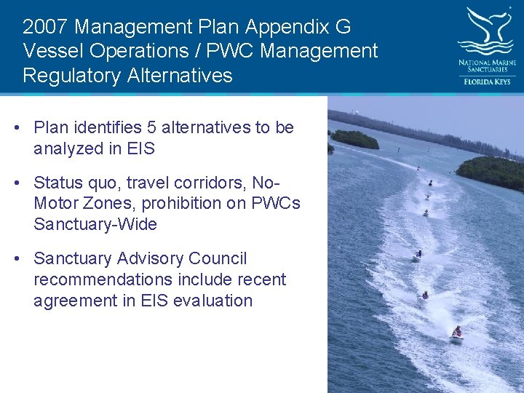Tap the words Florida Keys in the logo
click(x=487, y=82)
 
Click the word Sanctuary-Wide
click(x=95, y=224)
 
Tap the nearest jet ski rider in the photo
click(x=456, y=333)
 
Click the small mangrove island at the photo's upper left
click(x=354, y=138)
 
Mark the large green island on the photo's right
click(x=493, y=172)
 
